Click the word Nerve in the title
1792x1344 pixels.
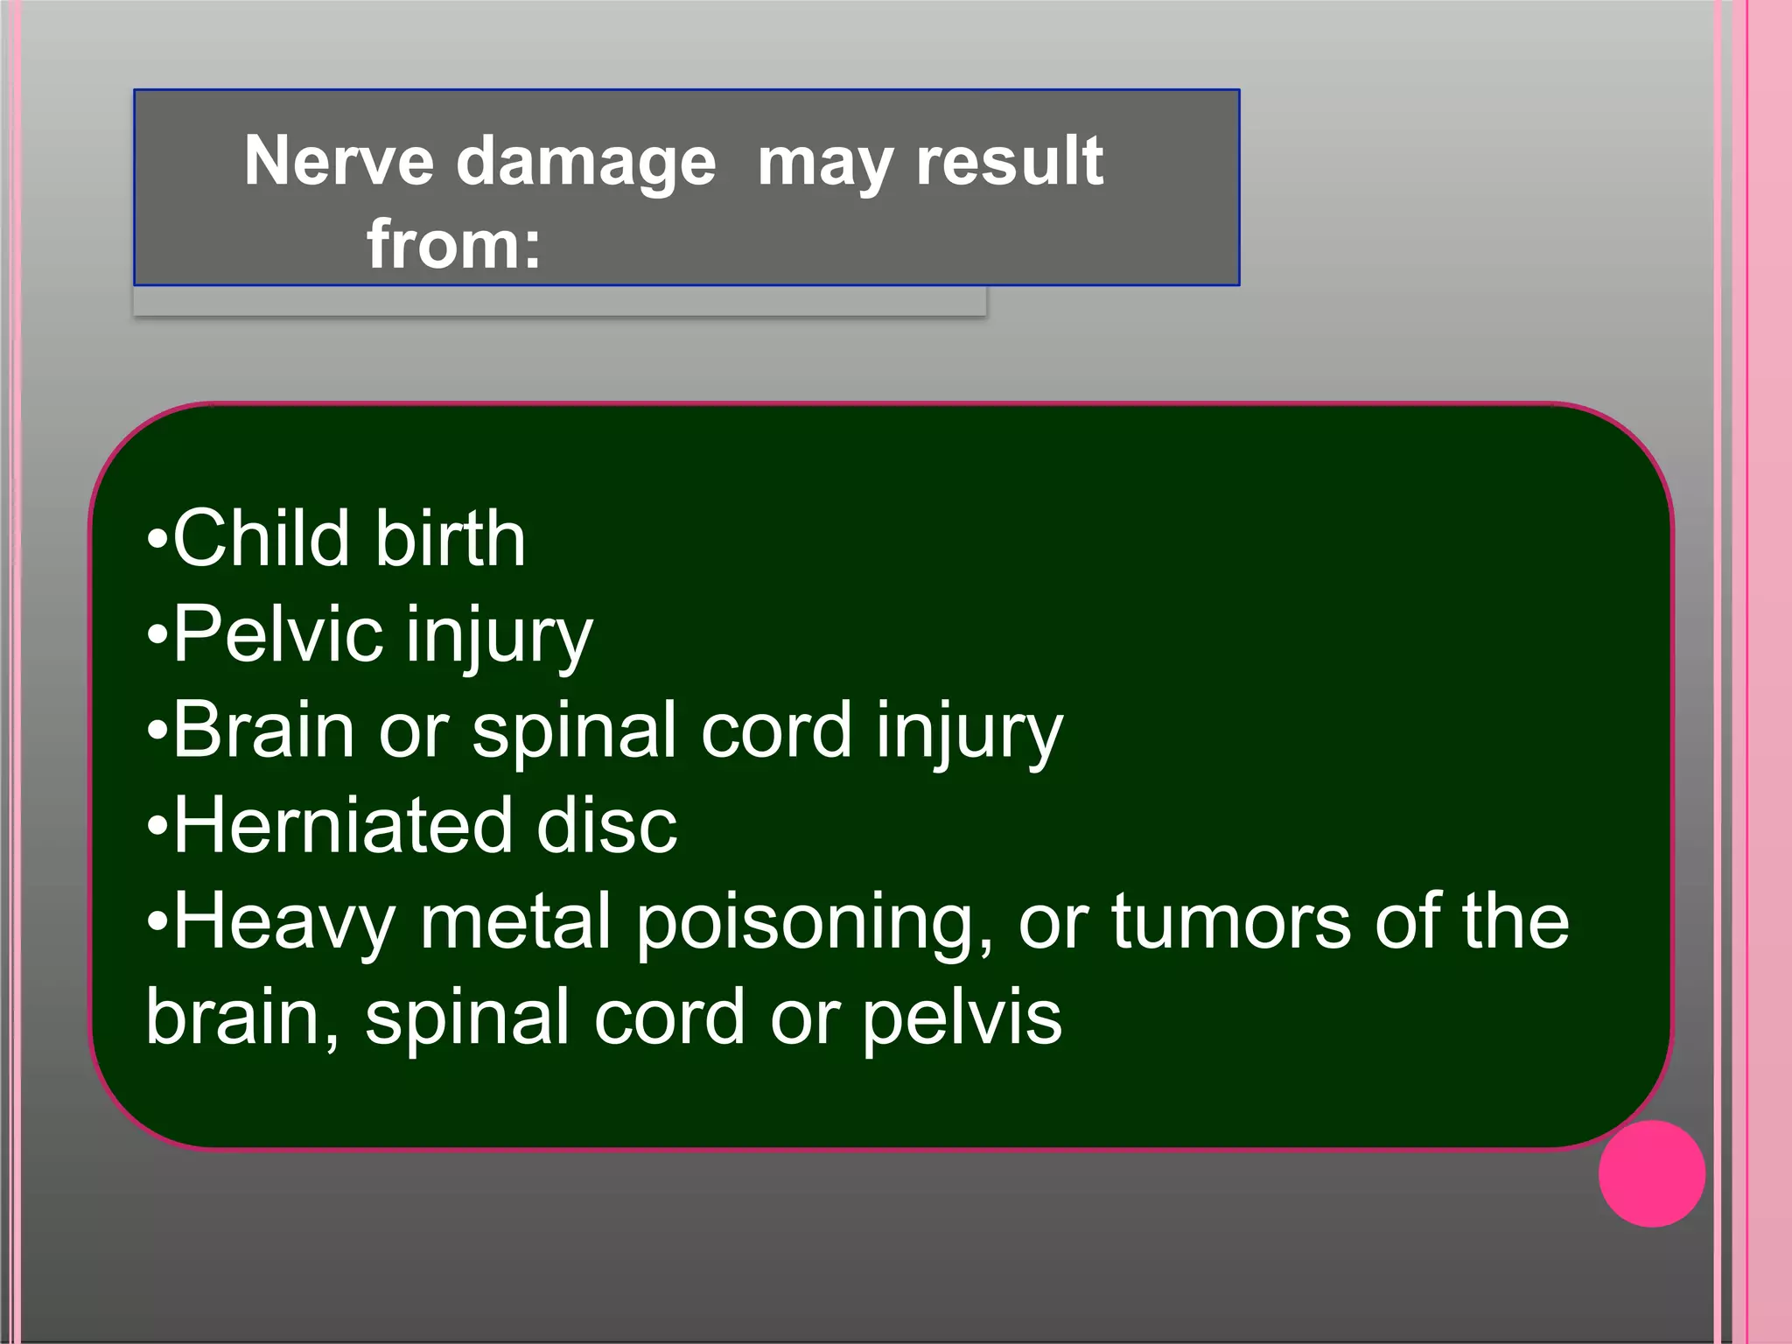point(339,161)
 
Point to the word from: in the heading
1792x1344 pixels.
point(453,244)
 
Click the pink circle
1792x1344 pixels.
point(1651,1173)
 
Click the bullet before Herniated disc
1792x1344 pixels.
point(157,826)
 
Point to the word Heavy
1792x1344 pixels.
point(284,923)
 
